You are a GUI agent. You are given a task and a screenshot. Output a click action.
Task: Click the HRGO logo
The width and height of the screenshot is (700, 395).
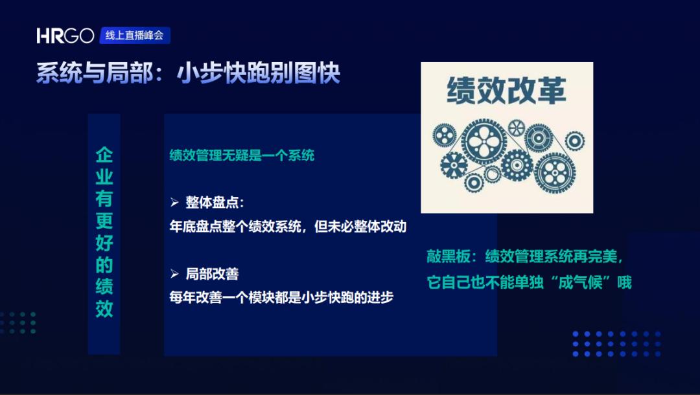tap(65, 36)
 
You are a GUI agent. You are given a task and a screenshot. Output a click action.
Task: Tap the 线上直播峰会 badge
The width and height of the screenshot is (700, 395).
tap(135, 36)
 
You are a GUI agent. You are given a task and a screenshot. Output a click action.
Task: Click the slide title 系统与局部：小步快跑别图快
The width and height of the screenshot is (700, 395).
tap(189, 73)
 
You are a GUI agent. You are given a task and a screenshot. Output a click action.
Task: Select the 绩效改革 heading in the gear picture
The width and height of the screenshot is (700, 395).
tap(507, 91)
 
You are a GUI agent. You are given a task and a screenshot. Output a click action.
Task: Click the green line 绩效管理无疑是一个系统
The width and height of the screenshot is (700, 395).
tap(242, 155)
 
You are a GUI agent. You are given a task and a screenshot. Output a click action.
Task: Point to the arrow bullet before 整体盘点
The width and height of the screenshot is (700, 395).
tap(174, 203)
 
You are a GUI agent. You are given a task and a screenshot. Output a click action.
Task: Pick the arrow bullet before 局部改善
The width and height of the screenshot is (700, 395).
tap(174, 274)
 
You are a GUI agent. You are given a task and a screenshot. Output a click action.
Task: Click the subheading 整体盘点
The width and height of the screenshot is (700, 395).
tap(215, 203)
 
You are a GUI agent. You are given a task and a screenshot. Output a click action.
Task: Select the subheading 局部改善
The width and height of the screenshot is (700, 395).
tap(212, 274)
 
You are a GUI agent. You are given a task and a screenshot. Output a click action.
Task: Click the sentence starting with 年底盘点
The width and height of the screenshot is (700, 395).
tap(288, 227)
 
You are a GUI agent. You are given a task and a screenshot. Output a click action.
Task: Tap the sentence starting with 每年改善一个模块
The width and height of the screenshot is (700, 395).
tap(281, 297)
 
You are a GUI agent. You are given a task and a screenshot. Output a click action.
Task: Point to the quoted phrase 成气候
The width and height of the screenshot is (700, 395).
tap(581, 283)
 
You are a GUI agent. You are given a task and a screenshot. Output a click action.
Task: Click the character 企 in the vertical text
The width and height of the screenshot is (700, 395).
tap(104, 155)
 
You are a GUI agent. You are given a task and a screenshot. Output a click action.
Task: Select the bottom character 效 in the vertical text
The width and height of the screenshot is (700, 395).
tap(104, 308)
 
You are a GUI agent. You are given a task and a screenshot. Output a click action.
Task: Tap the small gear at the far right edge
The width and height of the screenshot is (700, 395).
tap(574, 141)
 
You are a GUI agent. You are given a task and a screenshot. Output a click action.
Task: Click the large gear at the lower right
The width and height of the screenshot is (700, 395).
tap(555, 173)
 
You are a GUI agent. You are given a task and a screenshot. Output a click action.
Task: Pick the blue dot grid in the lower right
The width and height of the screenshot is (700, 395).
tap(616, 344)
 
